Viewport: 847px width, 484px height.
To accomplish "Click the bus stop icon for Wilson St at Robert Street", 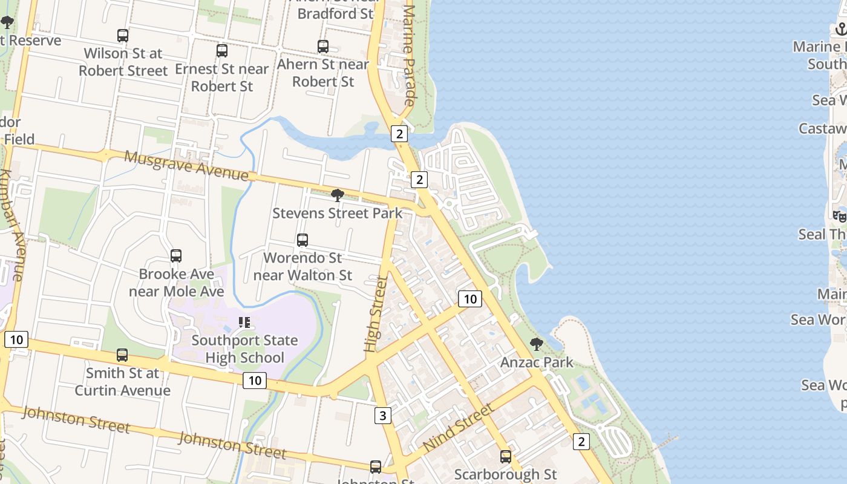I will point(123,36).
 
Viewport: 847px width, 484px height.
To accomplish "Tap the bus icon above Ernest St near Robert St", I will point(222,51).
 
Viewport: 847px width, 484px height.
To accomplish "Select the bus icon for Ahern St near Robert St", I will point(323,46).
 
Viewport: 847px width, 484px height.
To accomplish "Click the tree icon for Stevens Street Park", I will point(338,195).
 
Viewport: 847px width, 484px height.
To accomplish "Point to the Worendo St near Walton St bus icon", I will point(302,240).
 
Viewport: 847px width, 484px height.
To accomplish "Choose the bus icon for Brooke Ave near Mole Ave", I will point(176,256).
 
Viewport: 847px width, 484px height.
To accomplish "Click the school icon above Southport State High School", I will point(244,322).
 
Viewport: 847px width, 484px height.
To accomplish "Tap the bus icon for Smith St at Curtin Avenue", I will point(122,355).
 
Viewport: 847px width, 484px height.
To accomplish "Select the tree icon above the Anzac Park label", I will point(536,344).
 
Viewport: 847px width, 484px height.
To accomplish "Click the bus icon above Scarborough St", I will point(506,457).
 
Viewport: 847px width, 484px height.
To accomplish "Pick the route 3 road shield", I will point(382,416).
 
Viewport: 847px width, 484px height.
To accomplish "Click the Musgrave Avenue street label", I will point(186,166).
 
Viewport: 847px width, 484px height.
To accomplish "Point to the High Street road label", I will point(376,314).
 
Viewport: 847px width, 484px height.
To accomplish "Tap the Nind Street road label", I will point(458,428).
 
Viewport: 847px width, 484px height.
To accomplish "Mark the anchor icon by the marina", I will point(841,29).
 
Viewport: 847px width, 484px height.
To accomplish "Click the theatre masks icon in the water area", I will point(840,216).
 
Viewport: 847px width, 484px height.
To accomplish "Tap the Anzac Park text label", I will point(537,362).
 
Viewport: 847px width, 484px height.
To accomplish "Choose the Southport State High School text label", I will point(244,349).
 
